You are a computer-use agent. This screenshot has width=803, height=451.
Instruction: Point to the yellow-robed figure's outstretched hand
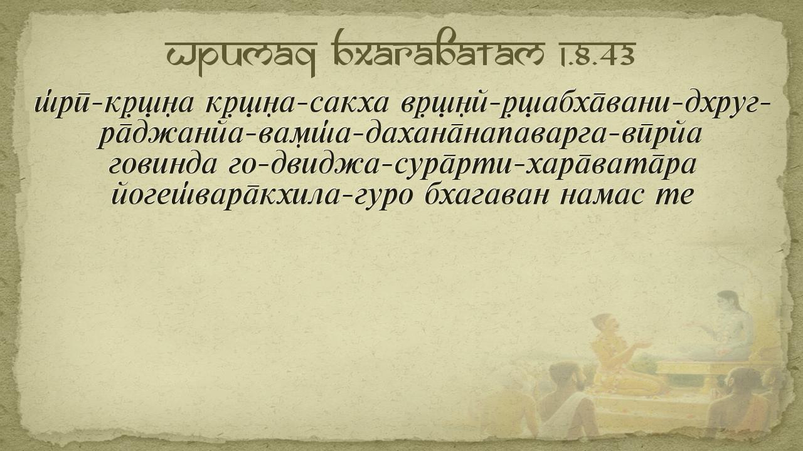click(x=642, y=345)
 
